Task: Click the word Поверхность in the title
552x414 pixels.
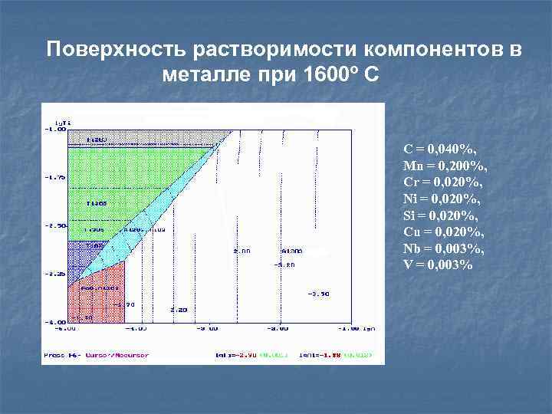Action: coord(117,50)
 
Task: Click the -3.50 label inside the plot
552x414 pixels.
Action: coord(319,294)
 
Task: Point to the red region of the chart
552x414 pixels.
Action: coord(96,295)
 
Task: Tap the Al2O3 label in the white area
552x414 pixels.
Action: coord(292,251)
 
